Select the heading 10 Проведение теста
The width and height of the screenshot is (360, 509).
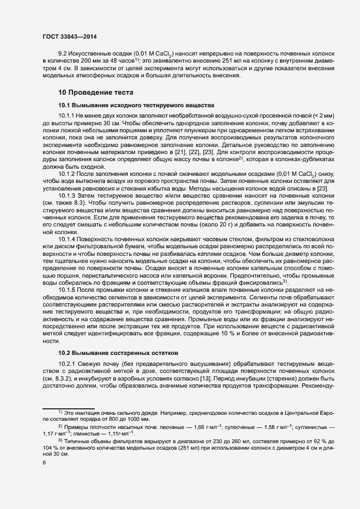coord(95,93)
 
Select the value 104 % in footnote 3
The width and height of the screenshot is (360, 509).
coord(50,447)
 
